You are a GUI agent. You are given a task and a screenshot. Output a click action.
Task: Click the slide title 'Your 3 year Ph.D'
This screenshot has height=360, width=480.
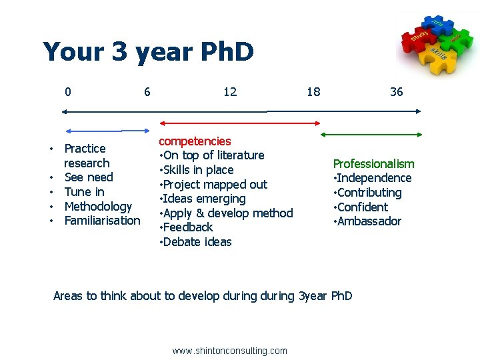coord(148,52)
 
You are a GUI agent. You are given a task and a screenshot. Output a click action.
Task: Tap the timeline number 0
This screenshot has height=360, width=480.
coord(68,92)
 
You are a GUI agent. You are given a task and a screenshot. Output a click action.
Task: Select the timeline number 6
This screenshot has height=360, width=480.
coord(147,92)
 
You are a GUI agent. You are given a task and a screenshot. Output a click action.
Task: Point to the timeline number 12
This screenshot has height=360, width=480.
coord(230,92)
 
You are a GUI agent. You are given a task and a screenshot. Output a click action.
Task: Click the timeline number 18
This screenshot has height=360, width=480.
coord(313,92)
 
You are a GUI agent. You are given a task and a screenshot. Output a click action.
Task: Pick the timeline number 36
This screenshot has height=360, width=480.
coord(396,92)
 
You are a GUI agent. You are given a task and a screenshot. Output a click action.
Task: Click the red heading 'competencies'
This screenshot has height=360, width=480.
coord(195,141)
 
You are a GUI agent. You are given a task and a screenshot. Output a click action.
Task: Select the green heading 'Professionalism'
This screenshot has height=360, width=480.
coord(373,164)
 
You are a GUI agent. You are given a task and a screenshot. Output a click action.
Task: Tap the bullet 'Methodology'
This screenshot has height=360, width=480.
coord(98,207)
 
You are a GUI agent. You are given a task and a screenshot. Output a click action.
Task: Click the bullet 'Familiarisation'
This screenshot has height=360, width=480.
coord(102,221)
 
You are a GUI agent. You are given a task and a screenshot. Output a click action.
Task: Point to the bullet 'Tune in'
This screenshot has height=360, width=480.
coord(84,192)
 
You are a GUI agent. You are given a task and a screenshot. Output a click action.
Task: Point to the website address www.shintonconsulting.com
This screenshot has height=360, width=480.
coord(229,351)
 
